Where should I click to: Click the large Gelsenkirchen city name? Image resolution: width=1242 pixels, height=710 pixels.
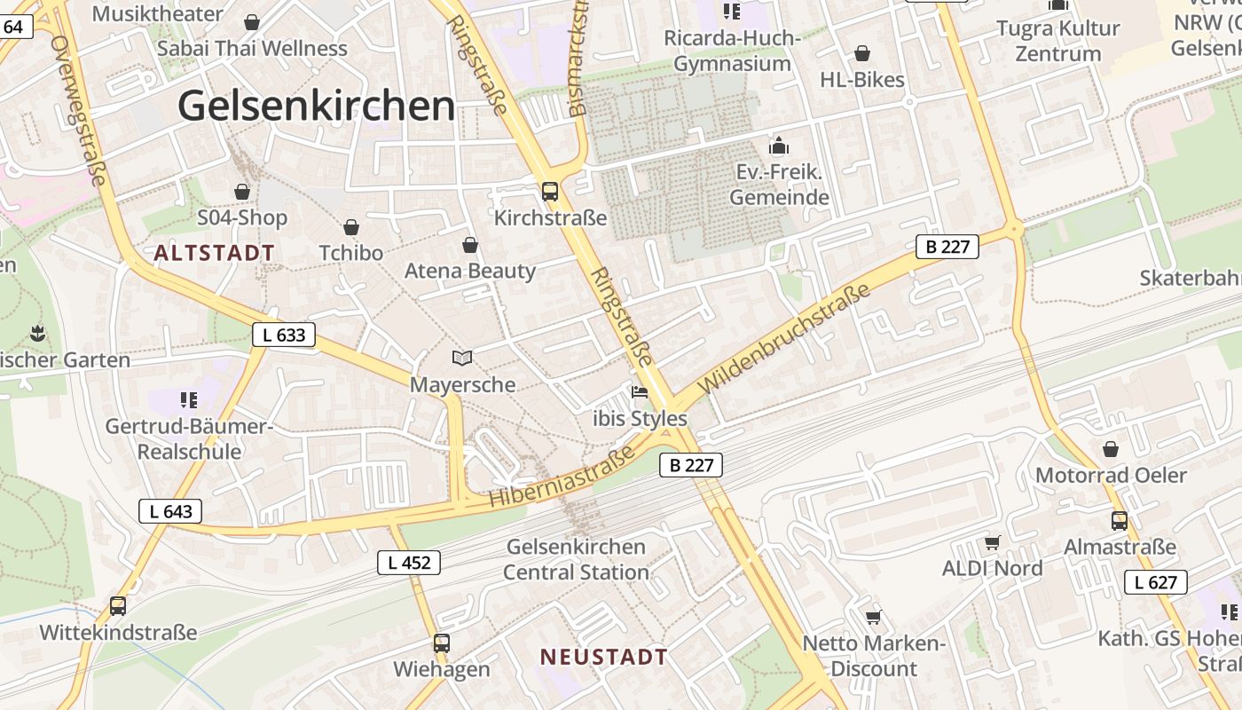pyautogui.click(x=316, y=106)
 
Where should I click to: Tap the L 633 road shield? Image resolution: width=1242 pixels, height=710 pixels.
pyautogui.click(x=284, y=335)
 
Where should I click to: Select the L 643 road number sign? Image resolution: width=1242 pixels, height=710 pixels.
pyautogui.click(x=170, y=511)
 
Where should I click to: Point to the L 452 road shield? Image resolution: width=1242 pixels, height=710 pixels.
pyautogui.click(x=409, y=562)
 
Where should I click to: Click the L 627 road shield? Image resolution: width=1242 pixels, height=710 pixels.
pyautogui.click(x=1156, y=582)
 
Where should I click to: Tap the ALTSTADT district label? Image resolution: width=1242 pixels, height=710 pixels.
pyautogui.click(x=214, y=253)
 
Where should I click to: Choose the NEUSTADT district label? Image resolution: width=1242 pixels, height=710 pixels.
pyautogui.click(x=603, y=658)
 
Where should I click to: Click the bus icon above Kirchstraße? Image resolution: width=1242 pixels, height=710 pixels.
pyautogui.click(x=550, y=191)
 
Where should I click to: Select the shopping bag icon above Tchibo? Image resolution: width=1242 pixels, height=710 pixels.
pyautogui.click(x=351, y=227)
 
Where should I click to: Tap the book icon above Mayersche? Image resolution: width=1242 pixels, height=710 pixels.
pyautogui.click(x=462, y=358)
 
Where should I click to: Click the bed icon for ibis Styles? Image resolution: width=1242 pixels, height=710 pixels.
pyautogui.click(x=640, y=391)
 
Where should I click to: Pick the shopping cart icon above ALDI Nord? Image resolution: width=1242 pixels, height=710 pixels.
pyautogui.click(x=992, y=542)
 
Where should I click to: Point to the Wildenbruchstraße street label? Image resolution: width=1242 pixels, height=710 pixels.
pyautogui.click(x=772, y=340)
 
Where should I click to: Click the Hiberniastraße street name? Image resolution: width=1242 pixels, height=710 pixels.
pyautogui.click(x=562, y=477)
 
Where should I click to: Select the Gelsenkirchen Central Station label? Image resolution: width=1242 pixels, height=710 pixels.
pyautogui.click(x=576, y=559)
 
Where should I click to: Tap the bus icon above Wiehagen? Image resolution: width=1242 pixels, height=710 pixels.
pyautogui.click(x=442, y=643)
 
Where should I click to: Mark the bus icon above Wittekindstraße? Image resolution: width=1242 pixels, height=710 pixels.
pyautogui.click(x=118, y=606)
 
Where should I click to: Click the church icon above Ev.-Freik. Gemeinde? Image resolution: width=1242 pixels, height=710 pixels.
pyautogui.click(x=779, y=146)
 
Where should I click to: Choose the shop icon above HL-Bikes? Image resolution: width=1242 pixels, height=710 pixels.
pyautogui.click(x=861, y=54)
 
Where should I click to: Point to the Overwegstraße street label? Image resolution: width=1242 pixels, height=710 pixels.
pyautogui.click(x=79, y=110)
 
